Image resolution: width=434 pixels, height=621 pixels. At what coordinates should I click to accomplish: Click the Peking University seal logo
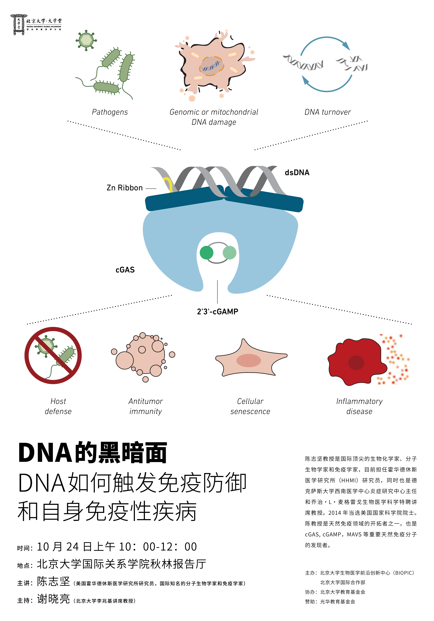pos(18,25)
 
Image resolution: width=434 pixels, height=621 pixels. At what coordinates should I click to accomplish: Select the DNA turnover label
pos(328,112)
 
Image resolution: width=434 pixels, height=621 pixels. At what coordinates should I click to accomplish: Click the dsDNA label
pos(297,173)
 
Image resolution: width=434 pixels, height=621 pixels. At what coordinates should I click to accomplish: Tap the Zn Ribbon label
pos(124,188)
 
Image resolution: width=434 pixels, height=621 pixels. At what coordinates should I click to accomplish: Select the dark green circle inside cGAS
pos(206,253)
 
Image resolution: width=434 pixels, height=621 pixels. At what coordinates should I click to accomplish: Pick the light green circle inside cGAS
pos(229,253)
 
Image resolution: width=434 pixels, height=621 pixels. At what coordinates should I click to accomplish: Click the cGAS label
pos(125,270)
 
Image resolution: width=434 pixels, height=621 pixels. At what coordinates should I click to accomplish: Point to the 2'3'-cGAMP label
pos(218,312)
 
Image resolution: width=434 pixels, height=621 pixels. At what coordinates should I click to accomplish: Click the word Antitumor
pos(146,401)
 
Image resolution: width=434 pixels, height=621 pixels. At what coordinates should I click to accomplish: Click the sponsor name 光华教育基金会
pos(338,602)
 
